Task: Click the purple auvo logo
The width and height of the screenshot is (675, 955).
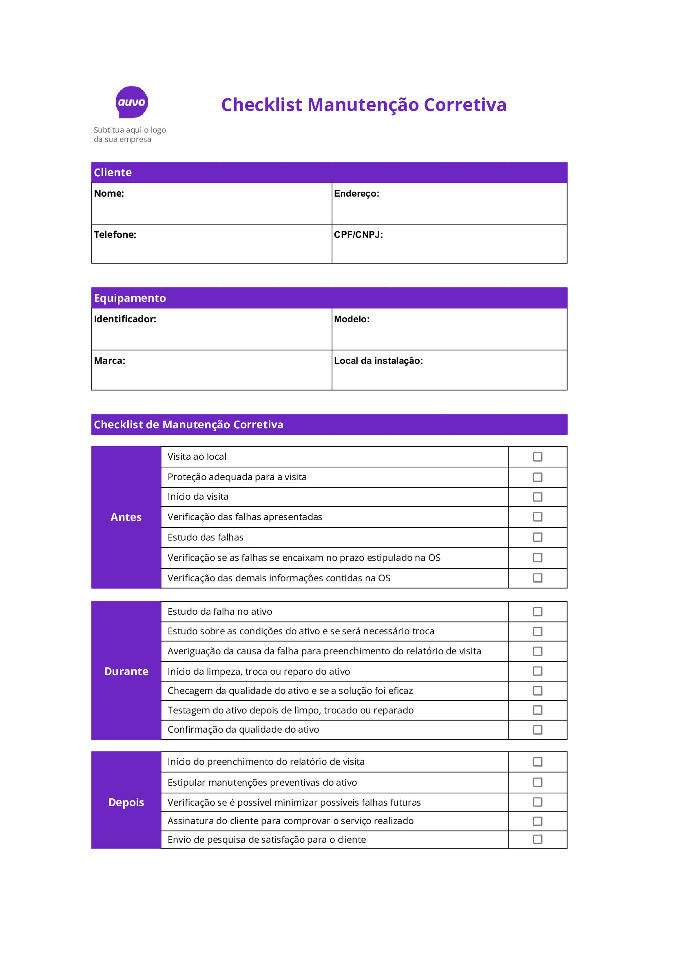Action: coord(131,102)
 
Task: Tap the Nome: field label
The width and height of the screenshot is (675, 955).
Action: coord(109,193)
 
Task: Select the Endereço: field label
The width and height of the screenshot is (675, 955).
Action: coord(356,193)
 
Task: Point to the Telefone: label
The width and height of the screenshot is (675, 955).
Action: coord(115,235)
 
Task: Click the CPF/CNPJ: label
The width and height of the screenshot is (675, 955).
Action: coord(358,235)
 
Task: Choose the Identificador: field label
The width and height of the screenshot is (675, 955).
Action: coord(125,319)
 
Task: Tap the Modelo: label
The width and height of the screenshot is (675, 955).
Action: coord(352,319)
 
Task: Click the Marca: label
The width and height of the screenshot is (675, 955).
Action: coord(109,361)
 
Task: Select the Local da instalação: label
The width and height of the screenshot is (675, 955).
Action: coord(378,361)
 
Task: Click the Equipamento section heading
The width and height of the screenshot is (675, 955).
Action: coord(130,298)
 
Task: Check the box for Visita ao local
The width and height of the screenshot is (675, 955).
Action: coord(537,457)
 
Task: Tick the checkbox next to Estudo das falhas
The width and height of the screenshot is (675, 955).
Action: coord(537,537)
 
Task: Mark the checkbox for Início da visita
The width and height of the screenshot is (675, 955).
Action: coord(537,496)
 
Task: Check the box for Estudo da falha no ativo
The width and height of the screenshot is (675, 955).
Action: coord(537,612)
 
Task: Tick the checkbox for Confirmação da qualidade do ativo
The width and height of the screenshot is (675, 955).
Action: coord(537,729)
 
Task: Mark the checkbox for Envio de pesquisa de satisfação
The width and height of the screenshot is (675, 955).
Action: coord(537,840)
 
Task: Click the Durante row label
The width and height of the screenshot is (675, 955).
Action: coord(126,671)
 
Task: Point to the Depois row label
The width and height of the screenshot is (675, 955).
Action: coord(126,802)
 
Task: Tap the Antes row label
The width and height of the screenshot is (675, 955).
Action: coord(126,517)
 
